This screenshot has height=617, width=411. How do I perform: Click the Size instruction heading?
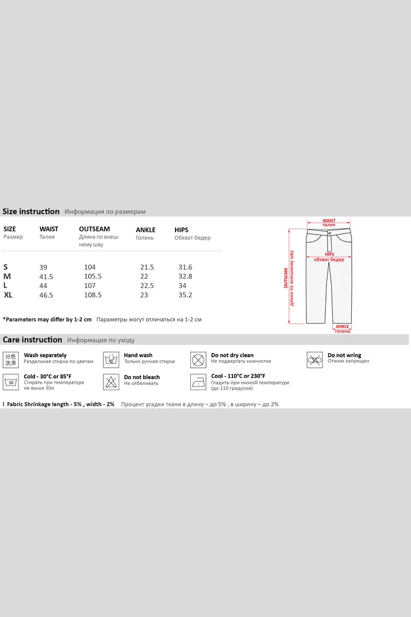pyautogui.click(x=31, y=212)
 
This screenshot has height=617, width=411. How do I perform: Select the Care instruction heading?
pyautogui.click(x=32, y=340)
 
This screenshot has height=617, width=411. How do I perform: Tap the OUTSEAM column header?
pyautogui.click(x=94, y=229)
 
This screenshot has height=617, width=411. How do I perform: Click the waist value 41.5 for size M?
pyautogui.click(x=46, y=277)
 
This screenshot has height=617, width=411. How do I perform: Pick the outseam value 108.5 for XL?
pyautogui.click(x=93, y=295)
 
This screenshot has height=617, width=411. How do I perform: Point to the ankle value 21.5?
pyautogui.click(x=147, y=267)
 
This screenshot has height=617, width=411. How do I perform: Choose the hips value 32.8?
pyautogui.click(x=185, y=277)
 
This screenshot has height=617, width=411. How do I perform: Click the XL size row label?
pyautogui.click(x=8, y=295)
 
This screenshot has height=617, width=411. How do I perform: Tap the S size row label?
pyautogui.click(x=6, y=267)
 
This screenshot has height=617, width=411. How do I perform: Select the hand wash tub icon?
pyautogui.click(x=111, y=360)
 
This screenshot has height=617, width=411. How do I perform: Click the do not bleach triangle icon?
pyautogui.click(x=111, y=381)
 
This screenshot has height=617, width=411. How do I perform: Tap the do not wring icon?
pyautogui.click(x=315, y=359)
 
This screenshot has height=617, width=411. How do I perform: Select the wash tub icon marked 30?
pyautogui.click(x=11, y=381)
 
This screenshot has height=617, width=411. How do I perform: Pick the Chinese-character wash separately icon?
pyautogui.click(x=11, y=360)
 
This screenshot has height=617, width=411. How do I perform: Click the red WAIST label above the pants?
pyautogui.click(x=329, y=221)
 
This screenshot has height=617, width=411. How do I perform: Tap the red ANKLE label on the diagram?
pyautogui.click(x=342, y=327)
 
